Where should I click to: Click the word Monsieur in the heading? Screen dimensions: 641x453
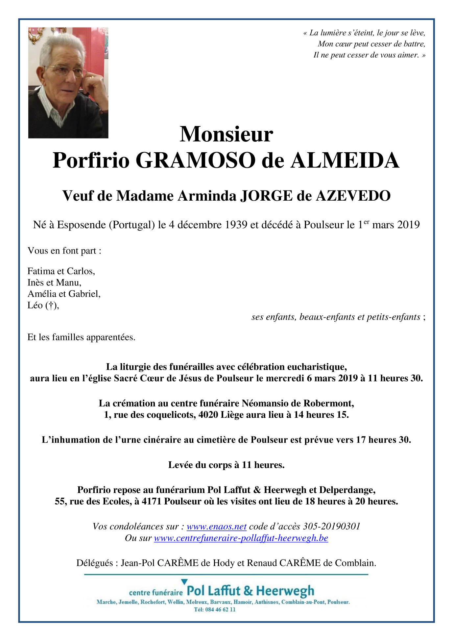click(x=226, y=134)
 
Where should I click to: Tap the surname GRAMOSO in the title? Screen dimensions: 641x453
click(x=195, y=160)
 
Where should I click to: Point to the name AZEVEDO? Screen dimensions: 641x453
click(x=353, y=196)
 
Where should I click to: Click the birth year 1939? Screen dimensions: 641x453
click(x=236, y=225)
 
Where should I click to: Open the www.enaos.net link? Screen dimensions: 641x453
click(x=216, y=527)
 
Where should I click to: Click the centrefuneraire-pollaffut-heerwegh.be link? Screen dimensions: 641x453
click(x=241, y=538)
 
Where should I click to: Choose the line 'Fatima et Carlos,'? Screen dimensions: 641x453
click(x=61, y=271)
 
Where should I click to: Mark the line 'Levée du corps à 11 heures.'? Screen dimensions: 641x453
click(x=226, y=465)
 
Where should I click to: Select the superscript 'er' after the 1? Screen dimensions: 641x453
click(x=366, y=222)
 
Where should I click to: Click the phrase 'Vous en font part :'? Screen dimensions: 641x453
click(x=64, y=251)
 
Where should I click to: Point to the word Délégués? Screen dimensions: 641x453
click(x=95, y=563)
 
